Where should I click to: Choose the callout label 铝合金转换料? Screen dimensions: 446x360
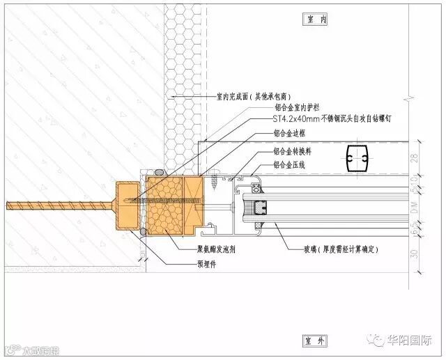coord(293,152)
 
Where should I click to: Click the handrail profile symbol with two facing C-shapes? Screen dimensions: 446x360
coord(357,159)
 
